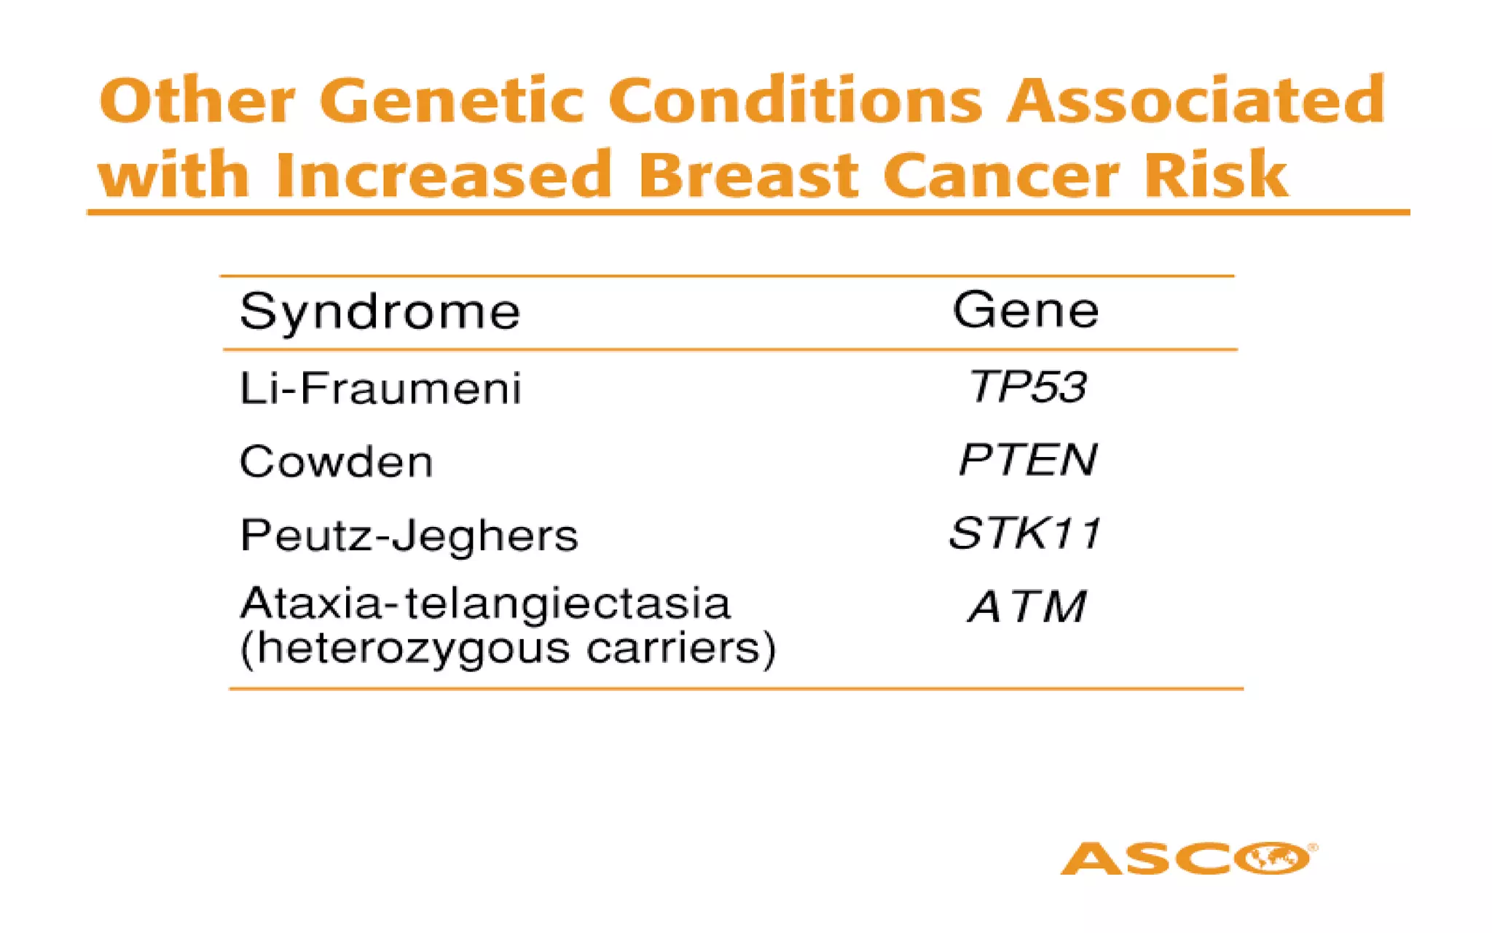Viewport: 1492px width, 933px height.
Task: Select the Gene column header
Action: (1025, 311)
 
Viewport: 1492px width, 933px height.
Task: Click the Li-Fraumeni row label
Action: (380, 388)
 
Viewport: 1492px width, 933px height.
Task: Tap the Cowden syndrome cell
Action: (336, 462)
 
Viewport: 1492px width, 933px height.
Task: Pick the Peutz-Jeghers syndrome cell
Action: (409, 536)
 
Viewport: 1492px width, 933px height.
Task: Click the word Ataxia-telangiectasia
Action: (484, 604)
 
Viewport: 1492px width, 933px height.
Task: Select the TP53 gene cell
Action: (1027, 386)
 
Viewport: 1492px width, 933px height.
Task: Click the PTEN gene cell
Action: (1027, 460)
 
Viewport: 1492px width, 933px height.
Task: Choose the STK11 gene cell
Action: (1025, 534)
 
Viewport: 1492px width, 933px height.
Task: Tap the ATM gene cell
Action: (1027, 607)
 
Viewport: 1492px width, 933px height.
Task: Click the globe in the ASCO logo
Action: (1275, 858)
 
